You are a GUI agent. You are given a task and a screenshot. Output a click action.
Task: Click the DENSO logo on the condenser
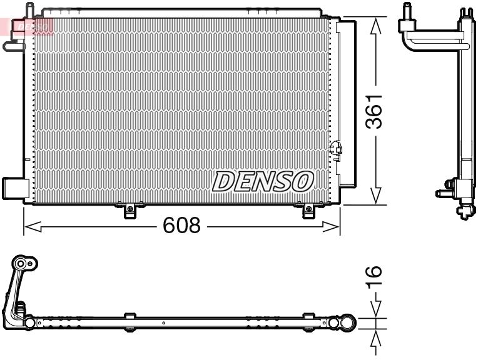pyautogui.click(x=262, y=181)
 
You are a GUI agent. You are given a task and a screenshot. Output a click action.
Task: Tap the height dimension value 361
pyautogui.click(x=374, y=111)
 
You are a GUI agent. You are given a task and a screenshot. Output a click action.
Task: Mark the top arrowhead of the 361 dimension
pyautogui.click(x=375, y=24)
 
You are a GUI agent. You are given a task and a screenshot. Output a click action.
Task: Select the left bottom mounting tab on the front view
pyautogui.click(x=130, y=211)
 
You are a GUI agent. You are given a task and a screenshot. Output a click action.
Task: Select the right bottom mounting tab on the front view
pyautogui.click(x=308, y=211)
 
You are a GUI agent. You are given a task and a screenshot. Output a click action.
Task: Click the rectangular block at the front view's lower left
pyautogui.click(x=13, y=187)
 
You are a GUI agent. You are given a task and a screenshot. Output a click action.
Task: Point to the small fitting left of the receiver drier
pyautogui.click(x=336, y=149)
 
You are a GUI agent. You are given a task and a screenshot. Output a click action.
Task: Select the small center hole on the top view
pyautogui.click(x=163, y=324)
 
